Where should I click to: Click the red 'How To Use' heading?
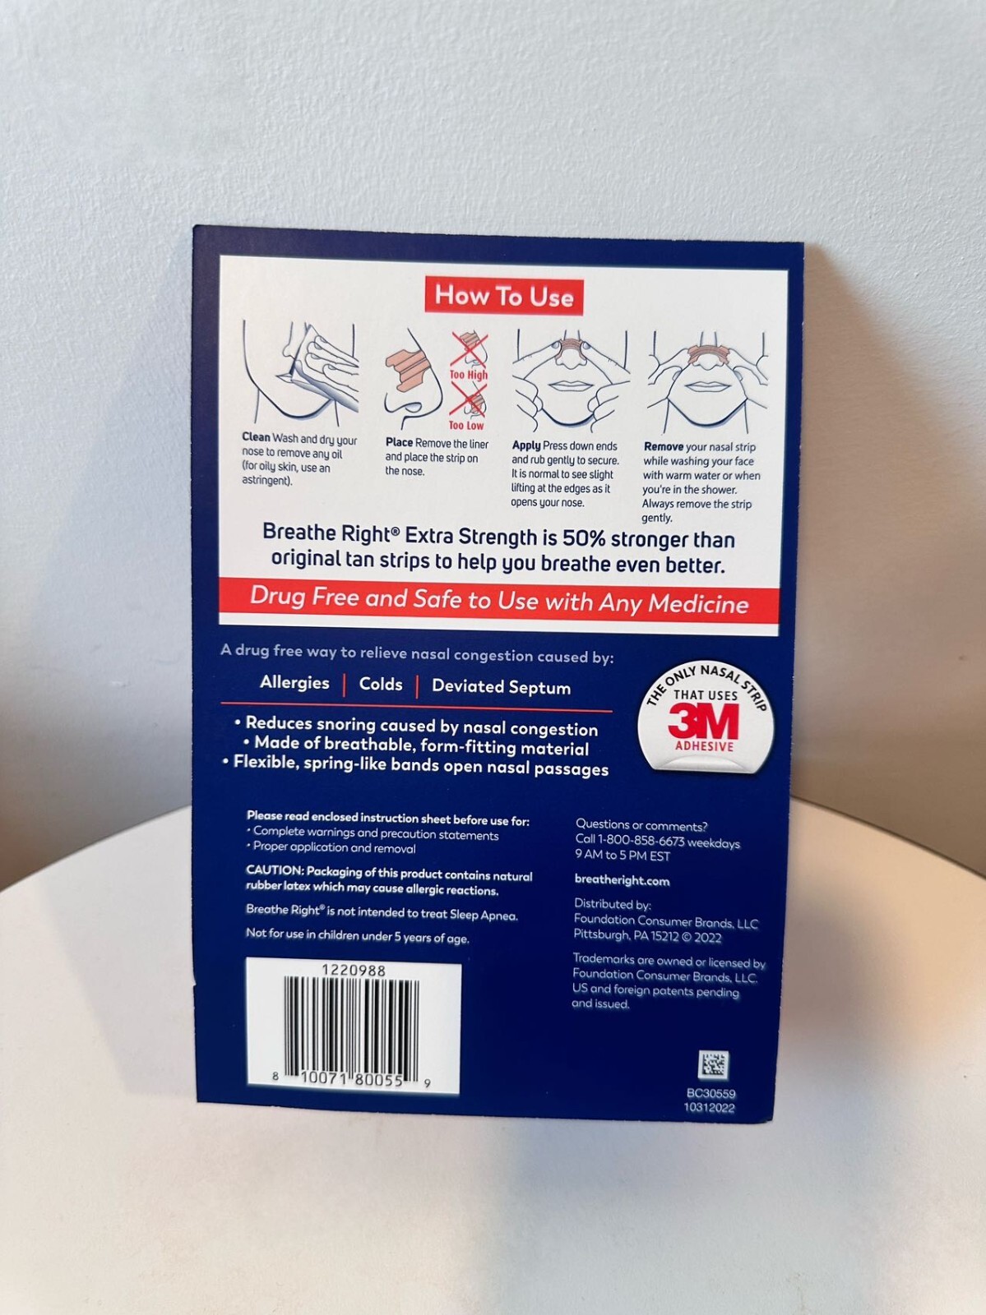503,295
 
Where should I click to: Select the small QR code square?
712,1064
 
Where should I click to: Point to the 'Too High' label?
468,375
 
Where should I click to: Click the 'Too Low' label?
466,425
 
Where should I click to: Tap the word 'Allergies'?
294,682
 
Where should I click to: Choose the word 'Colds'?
381,684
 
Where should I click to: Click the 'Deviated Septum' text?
501,687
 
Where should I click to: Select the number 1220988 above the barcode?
353,970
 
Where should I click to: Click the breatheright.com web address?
622,880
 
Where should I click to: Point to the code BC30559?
711,1093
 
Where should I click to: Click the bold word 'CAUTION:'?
275,870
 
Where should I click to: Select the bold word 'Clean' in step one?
256,437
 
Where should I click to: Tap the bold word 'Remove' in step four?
664,447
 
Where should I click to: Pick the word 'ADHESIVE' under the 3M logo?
704,746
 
